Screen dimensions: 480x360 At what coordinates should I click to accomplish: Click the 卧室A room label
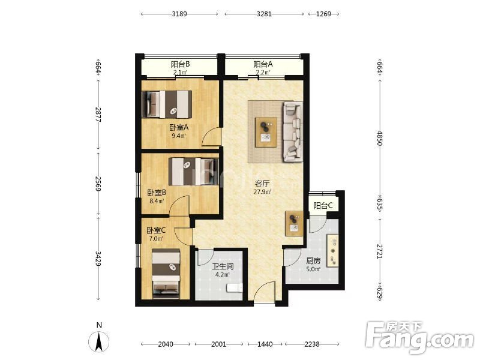click(x=179, y=127)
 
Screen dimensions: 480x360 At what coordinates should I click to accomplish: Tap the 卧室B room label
click(x=157, y=193)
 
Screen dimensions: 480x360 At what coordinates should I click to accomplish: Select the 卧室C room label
click(x=156, y=230)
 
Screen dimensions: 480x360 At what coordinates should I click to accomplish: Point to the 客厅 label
click(x=262, y=184)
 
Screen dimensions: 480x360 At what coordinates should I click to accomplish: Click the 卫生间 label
click(x=223, y=266)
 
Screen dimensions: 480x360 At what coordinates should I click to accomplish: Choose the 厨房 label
click(x=313, y=261)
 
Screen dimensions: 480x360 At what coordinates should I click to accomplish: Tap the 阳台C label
click(x=323, y=206)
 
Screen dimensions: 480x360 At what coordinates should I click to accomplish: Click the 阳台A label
click(x=263, y=64)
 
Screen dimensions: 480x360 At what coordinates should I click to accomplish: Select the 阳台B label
click(x=180, y=64)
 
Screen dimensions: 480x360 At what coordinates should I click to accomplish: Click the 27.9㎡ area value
click(x=262, y=192)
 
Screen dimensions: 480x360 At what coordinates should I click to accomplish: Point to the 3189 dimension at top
click(x=179, y=14)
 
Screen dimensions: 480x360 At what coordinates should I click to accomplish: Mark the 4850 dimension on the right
click(x=380, y=138)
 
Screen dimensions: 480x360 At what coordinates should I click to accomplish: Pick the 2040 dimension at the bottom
click(x=166, y=344)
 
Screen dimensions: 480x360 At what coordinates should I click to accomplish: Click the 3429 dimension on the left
click(x=98, y=259)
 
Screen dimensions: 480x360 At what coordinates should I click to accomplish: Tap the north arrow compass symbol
click(x=98, y=341)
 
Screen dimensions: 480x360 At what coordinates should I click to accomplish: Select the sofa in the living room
click(x=293, y=131)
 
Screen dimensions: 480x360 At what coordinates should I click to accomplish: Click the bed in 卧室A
click(x=167, y=104)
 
